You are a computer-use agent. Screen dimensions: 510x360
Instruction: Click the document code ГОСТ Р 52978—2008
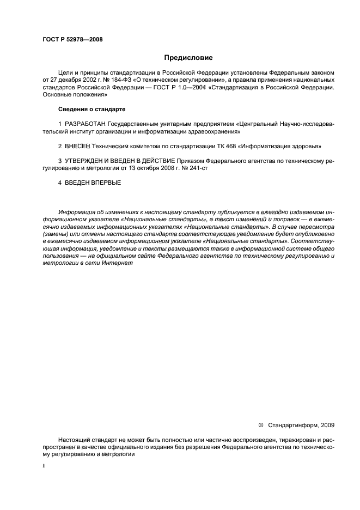[72, 39]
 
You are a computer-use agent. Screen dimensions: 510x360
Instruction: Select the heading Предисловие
[188, 57]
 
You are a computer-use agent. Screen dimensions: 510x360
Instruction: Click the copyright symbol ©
[260, 424]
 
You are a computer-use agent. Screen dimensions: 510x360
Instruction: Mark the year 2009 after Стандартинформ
[328, 424]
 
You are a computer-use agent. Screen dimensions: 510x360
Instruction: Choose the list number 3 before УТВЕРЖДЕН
[59, 162]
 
